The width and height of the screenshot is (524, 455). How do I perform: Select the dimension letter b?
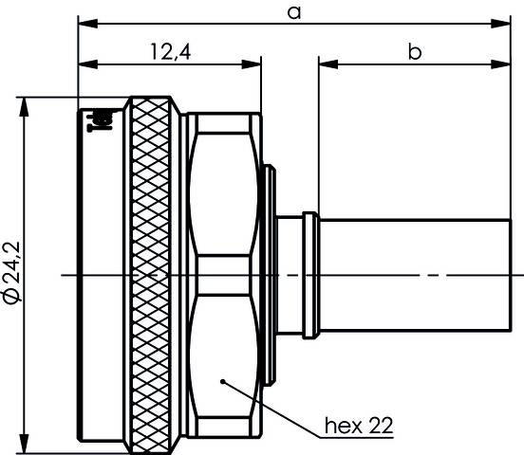click(415, 52)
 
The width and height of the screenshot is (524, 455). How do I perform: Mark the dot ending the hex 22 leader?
click(221, 381)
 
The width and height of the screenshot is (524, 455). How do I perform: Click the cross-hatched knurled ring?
click(153, 275)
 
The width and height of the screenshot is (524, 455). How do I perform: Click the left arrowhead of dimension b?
click(325, 64)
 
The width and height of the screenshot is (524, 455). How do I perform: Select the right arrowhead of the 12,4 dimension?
click(254, 64)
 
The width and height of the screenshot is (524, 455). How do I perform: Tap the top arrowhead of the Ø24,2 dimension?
click(25, 102)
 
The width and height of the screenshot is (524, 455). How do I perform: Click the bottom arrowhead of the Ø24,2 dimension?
click(25, 446)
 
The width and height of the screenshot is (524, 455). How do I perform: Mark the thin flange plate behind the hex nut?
click(270, 274)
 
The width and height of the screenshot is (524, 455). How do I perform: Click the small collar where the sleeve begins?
click(310, 274)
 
